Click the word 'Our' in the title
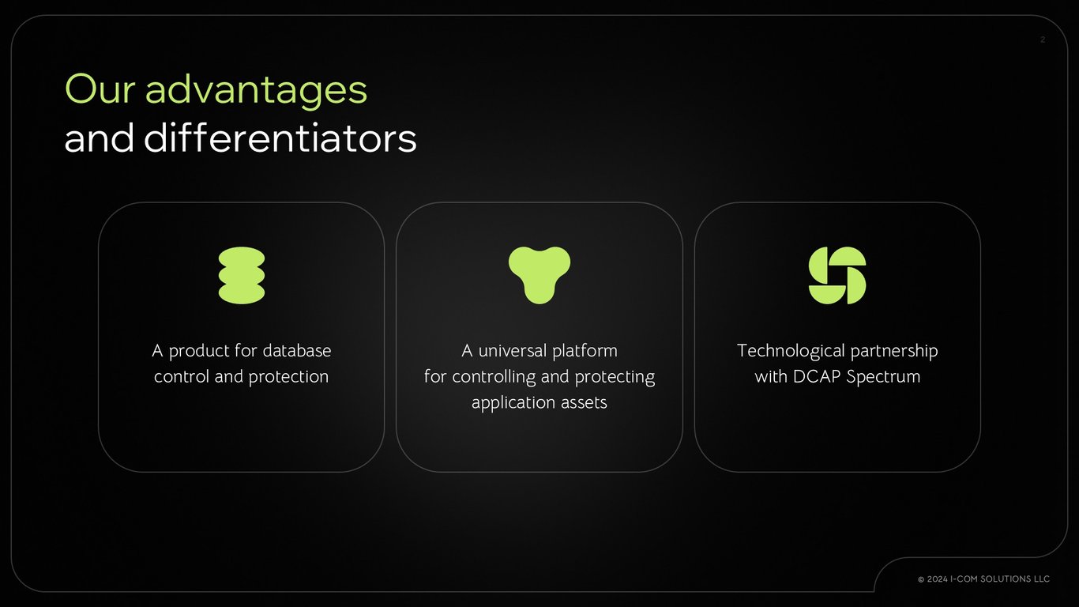point(100,89)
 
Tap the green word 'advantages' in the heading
point(256,91)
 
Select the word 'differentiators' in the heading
point(280,138)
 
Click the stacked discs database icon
point(242,275)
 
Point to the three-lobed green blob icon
point(539,275)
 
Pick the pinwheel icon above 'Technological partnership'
point(837,275)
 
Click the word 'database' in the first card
point(297,350)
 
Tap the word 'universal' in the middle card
point(513,350)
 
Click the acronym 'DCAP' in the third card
point(817,376)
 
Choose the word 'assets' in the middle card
point(584,402)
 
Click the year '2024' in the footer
point(937,579)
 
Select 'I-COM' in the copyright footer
point(964,579)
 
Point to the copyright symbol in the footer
point(921,579)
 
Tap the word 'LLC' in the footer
point(1041,579)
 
